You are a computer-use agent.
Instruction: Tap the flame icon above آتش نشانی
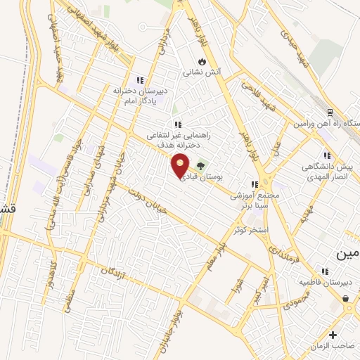(x=202, y=60)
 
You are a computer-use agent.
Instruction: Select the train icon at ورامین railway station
(x=330, y=112)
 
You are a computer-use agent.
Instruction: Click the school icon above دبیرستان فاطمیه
(x=325, y=271)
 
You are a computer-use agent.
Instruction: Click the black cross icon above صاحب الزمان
(x=333, y=335)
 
